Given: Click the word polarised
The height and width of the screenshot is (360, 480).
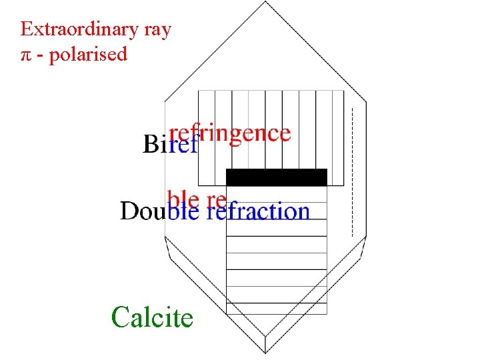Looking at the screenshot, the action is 87,55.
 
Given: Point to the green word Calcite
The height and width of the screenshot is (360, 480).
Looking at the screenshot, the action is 152,317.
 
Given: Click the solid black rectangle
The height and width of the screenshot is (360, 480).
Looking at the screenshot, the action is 277,177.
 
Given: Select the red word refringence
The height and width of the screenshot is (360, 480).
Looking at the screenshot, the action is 230,133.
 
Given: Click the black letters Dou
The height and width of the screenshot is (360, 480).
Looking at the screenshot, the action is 143,211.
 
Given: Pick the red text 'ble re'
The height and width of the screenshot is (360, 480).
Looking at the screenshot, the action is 197,199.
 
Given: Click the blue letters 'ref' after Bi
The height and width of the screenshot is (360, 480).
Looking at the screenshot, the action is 183,145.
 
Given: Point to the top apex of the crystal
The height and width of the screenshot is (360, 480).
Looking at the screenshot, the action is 265,2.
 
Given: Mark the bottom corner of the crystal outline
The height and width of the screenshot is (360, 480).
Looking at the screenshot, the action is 266,353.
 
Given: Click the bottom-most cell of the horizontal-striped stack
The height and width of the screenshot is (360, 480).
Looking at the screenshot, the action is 277,309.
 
